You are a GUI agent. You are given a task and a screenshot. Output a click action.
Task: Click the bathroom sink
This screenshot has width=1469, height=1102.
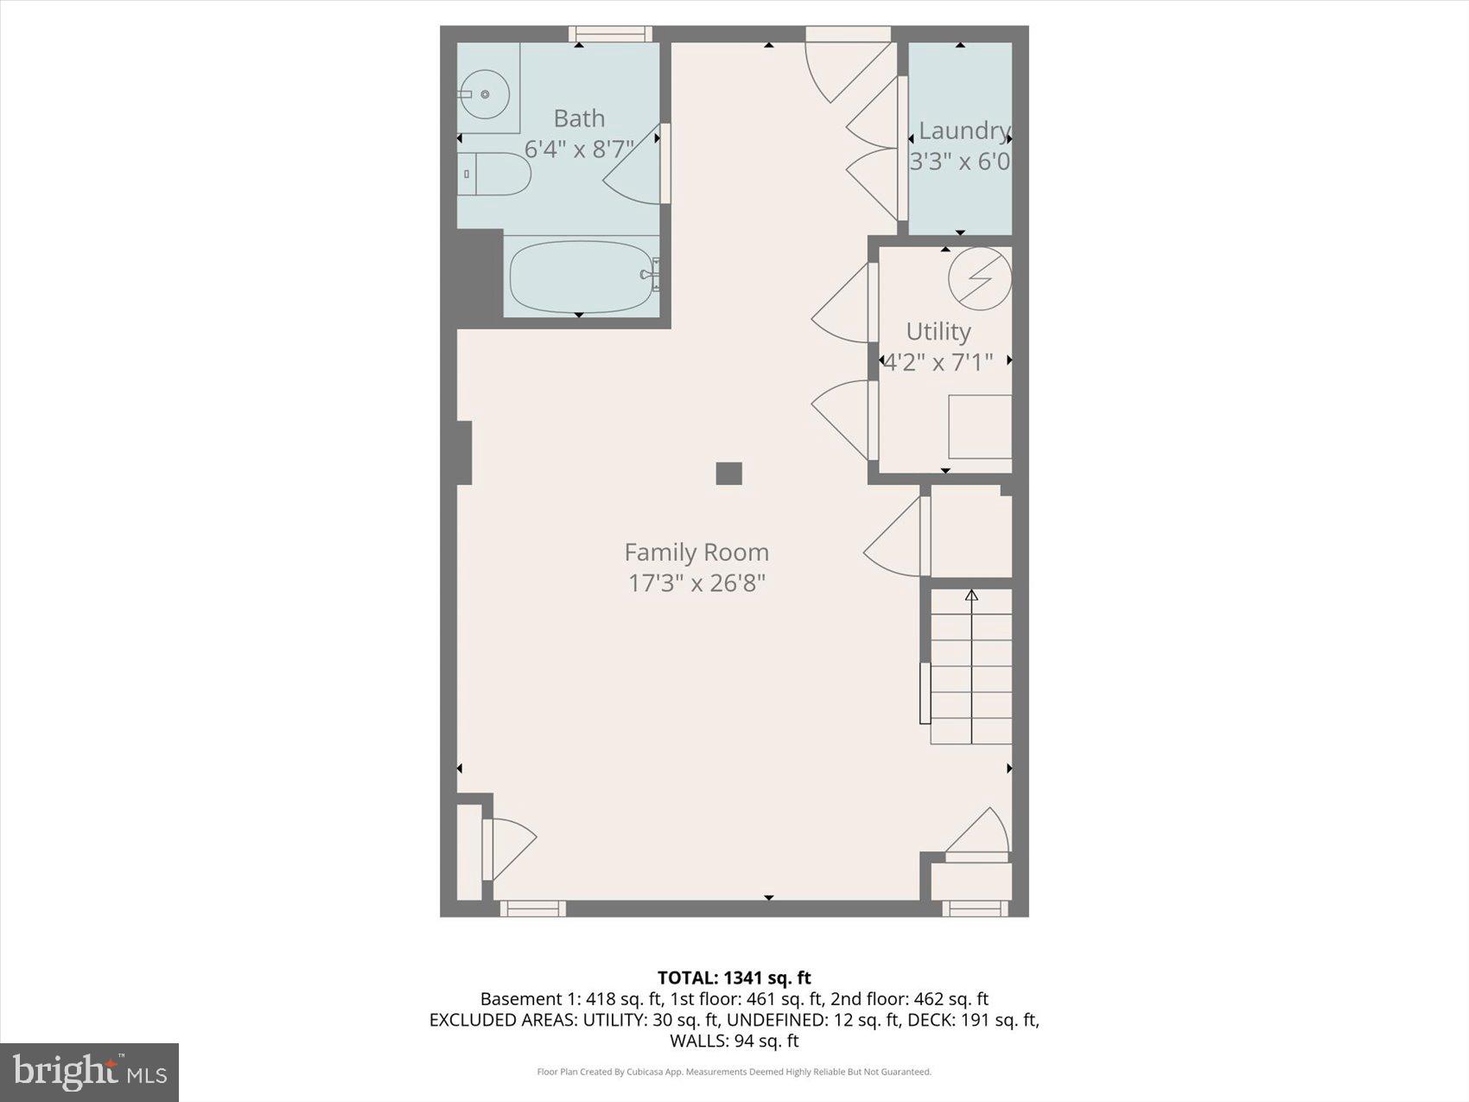tap(485, 93)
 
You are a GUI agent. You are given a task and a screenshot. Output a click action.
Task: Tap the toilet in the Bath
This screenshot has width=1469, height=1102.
tap(494, 174)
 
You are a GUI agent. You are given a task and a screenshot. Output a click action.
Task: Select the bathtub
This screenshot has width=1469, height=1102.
tap(581, 277)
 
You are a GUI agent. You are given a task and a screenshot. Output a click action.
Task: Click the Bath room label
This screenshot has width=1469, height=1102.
tap(579, 118)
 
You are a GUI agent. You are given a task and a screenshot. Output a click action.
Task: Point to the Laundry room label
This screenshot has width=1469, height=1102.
tap(963, 131)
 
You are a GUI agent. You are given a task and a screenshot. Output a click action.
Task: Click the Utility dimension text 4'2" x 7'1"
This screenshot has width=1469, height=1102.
tap(938, 361)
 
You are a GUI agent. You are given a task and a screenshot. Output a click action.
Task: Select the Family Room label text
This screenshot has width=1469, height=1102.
tap(696, 552)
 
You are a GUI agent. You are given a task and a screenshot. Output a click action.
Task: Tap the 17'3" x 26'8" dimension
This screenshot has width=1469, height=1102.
tap(696, 583)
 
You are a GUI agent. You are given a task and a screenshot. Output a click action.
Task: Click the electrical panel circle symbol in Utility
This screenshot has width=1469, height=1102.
tap(980, 278)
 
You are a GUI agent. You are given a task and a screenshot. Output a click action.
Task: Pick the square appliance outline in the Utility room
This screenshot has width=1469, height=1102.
tap(980, 426)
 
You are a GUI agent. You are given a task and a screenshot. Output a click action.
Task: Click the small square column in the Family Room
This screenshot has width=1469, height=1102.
tap(728, 474)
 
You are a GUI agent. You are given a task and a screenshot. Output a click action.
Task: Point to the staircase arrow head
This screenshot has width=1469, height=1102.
tap(971, 596)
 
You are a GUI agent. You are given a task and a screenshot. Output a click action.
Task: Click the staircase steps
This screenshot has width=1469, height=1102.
tap(971, 678)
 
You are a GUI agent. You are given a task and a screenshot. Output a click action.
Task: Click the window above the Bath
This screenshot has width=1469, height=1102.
tap(610, 34)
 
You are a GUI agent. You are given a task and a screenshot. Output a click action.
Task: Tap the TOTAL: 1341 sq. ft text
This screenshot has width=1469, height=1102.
tap(734, 978)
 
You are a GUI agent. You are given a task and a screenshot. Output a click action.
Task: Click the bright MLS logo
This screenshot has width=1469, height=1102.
tap(89, 1072)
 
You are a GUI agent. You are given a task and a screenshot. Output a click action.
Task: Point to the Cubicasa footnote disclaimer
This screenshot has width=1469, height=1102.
tap(734, 1072)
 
